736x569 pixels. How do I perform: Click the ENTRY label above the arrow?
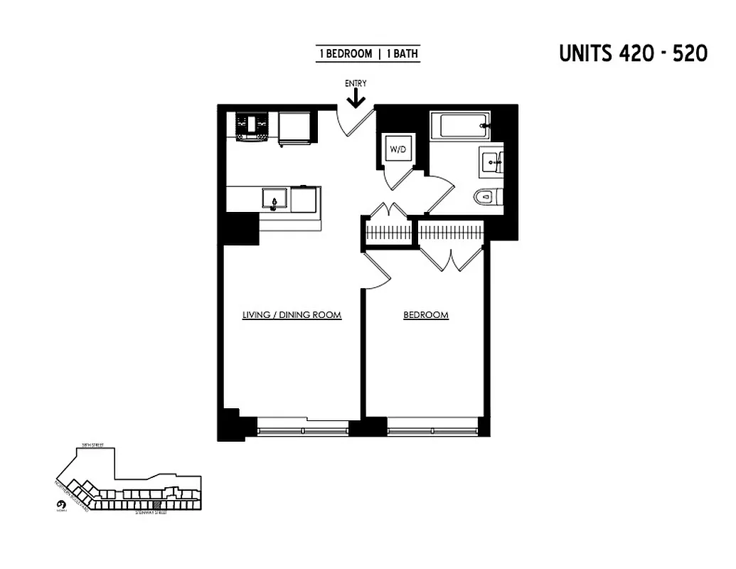point(356,83)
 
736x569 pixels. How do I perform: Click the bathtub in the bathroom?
point(464,125)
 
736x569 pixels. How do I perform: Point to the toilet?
point(488,196)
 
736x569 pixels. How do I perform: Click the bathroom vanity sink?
point(491,161)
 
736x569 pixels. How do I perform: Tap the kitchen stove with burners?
point(252,127)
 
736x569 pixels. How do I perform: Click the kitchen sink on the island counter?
point(274,198)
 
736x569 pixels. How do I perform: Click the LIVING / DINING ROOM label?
point(292,314)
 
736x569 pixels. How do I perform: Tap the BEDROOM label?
point(426,314)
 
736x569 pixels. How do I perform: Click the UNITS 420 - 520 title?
point(633,54)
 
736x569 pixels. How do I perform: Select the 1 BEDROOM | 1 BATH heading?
point(368,54)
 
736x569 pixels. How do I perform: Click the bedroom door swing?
point(377,270)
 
